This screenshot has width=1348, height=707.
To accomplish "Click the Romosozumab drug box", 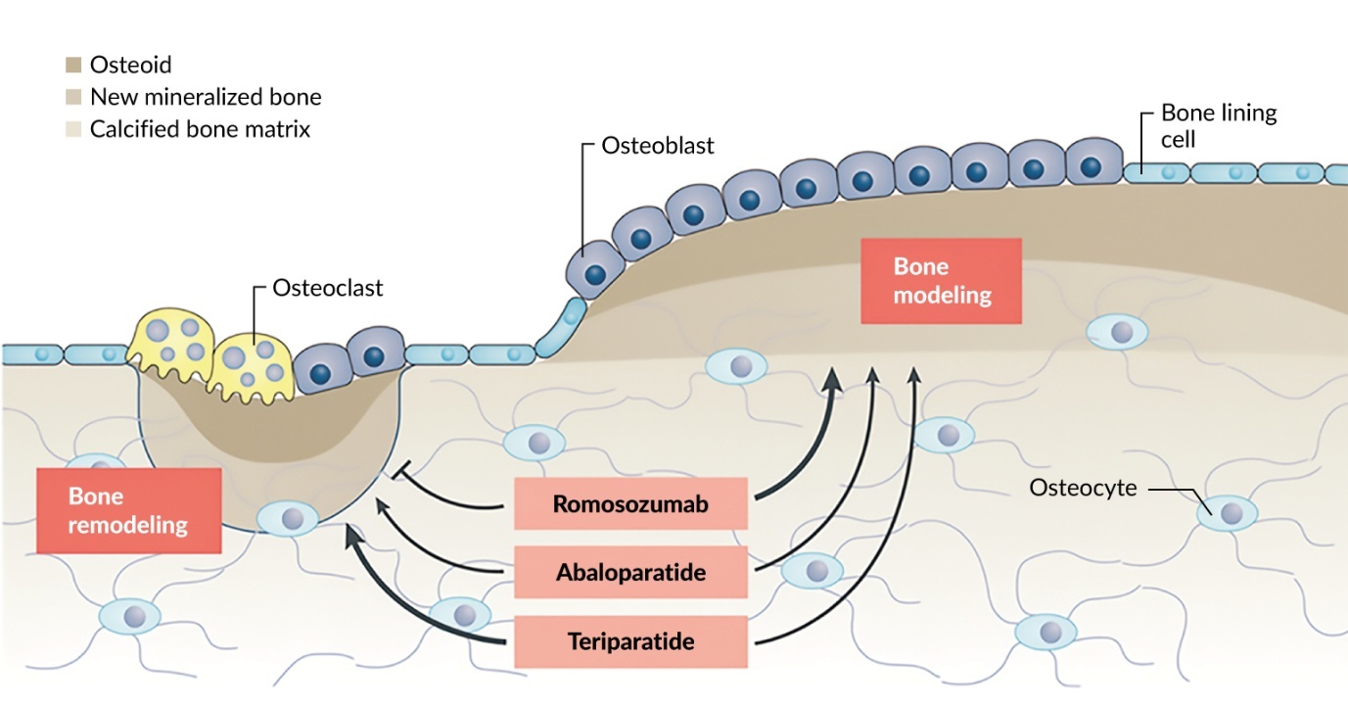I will click(630, 504).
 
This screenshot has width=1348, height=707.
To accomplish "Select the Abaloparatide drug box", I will click(630, 573).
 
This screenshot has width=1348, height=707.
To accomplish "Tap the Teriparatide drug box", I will click(630, 642).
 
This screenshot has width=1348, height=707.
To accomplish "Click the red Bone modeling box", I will click(941, 280).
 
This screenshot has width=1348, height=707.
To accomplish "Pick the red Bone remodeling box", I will click(128, 510).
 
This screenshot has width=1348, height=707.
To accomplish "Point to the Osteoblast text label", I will click(657, 146).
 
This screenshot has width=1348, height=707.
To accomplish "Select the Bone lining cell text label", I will click(1218, 125).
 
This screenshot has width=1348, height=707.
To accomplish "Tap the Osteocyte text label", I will click(1083, 487).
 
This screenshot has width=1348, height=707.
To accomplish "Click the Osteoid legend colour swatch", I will click(73, 66).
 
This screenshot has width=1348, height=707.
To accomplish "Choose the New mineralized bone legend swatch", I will click(73, 98).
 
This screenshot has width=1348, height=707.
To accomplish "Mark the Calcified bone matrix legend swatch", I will click(73, 129).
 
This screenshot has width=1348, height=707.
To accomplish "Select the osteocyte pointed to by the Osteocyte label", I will click(1230, 511).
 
